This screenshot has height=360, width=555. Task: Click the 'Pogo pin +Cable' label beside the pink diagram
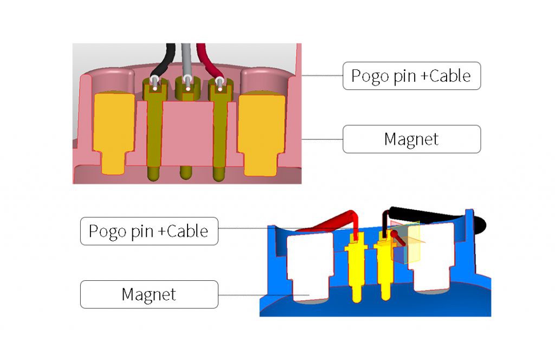(411, 76)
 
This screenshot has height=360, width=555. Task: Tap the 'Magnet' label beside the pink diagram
(411, 139)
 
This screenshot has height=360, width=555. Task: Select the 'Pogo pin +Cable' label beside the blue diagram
(149, 232)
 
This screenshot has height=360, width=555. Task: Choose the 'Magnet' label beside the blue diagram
(149, 294)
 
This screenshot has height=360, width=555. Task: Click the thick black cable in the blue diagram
(428, 215)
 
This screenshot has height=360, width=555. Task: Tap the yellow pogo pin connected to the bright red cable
(357, 271)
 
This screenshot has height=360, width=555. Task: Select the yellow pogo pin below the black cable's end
(385, 271)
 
